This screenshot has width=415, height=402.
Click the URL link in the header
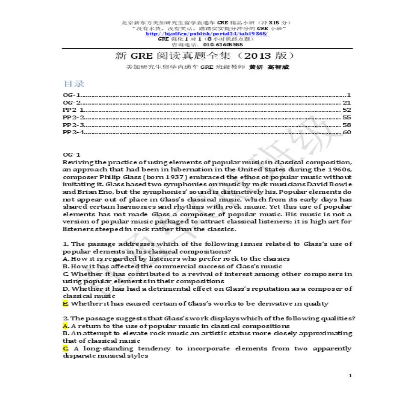(x=207, y=34)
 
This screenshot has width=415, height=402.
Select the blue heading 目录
(x=74, y=84)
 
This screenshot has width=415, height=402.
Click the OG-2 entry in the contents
(x=72, y=102)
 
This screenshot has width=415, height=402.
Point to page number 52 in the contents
(x=347, y=110)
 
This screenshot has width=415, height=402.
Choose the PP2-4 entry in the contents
(x=74, y=132)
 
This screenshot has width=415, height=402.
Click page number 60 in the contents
(x=347, y=132)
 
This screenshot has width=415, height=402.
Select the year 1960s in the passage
(x=339, y=169)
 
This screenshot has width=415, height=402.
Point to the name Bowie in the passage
(x=340, y=184)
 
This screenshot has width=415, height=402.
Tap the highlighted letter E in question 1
(x=65, y=304)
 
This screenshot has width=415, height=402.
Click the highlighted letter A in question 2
(x=65, y=326)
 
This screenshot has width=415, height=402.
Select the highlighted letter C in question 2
(x=65, y=349)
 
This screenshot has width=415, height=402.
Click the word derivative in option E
(x=270, y=304)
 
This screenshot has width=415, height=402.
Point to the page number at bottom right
(x=350, y=376)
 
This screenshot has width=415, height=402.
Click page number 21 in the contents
(x=347, y=102)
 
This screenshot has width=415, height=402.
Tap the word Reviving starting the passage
(x=78, y=162)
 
